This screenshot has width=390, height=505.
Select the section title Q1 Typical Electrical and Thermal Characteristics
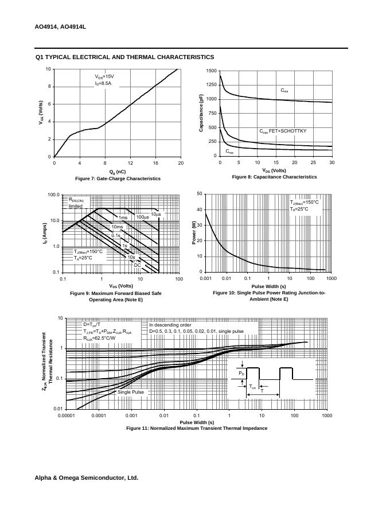tap(124, 57)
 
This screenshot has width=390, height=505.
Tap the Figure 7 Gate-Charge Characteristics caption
tap(118, 178)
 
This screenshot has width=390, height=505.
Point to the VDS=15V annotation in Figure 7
tap(104, 76)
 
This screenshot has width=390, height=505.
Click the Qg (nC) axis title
tap(117, 172)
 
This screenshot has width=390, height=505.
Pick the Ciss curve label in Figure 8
tap(284, 91)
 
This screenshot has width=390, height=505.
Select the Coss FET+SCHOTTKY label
tap(283, 131)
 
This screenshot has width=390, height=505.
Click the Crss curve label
tap(229, 151)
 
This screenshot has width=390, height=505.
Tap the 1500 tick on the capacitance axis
tap(211, 71)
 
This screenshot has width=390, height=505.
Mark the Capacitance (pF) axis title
tap(201, 113)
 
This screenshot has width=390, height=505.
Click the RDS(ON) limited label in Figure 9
tap(76, 203)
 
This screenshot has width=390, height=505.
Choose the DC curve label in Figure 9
tap(137, 265)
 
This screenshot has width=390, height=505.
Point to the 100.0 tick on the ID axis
tap(53, 195)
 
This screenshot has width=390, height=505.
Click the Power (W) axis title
tap(194, 233)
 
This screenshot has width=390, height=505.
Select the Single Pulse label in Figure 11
tap(131, 392)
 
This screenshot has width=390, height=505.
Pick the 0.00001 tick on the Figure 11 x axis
tap(68, 415)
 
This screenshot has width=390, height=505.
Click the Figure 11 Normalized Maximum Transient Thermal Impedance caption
tap(197, 428)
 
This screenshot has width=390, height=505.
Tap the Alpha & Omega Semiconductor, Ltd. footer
tap(86, 477)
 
